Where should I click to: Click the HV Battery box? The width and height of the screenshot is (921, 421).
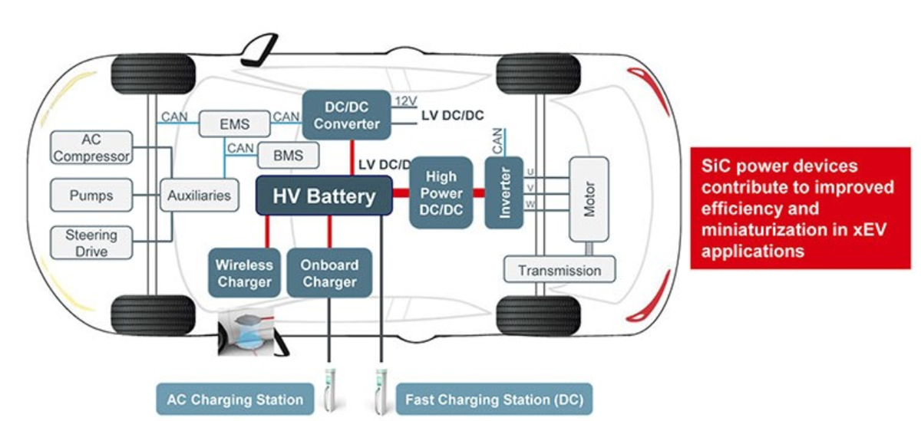(324, 196)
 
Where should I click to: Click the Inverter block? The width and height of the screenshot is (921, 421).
(503, 192)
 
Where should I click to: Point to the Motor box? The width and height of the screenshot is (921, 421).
(588, 199)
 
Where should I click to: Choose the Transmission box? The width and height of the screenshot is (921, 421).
(560, 270)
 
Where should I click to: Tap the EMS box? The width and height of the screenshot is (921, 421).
(234, 123)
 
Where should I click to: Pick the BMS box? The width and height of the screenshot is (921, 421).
(287, 156)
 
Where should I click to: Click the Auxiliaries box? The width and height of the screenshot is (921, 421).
(199, 196)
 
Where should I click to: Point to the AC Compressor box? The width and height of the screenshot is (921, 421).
(91, 148)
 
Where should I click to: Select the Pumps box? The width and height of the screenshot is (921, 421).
(91, 196)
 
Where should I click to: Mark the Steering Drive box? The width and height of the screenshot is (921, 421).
(91, 243)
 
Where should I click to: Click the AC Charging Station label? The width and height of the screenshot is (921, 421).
(235, 400)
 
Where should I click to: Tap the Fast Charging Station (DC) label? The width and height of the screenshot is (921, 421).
(494, 400)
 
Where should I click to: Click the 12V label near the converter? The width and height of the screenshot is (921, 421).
(404, 101)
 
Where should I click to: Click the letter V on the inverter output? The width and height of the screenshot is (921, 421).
(529, 187)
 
